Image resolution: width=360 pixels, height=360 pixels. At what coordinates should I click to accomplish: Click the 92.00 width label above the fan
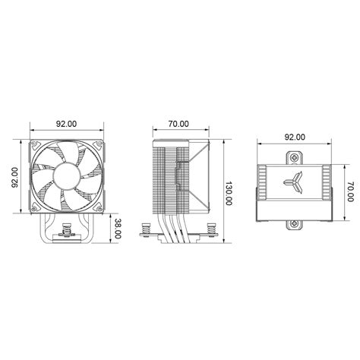coord(66,124)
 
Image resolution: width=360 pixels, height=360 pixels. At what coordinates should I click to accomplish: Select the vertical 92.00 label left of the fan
coord(15,178)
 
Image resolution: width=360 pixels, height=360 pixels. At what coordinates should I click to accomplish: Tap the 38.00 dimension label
coord(117,229)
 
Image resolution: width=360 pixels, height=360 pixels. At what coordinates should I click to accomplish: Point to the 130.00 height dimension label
coord(229,194)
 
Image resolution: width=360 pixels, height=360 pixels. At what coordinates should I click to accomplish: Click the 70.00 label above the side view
coord(178,124)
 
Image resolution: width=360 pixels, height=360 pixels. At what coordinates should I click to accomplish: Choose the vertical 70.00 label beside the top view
coord(350,191)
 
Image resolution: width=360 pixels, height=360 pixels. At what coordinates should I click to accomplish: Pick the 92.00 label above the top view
coord(295,137)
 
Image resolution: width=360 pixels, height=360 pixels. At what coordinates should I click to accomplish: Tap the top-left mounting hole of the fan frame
coord(34,144)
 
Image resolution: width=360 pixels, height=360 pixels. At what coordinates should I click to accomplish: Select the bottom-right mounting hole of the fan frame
coord(99,209)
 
